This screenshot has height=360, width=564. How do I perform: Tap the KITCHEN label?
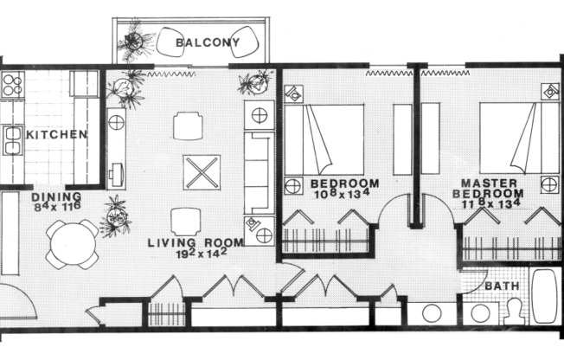click(56, 135)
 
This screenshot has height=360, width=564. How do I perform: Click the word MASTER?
click(489, 183)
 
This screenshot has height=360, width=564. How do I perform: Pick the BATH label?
click(501, 286)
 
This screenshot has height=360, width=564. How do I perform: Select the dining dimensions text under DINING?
click(57, 208)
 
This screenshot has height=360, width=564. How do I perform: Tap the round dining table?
click(72, 243)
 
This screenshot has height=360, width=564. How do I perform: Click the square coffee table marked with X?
click(201, 170)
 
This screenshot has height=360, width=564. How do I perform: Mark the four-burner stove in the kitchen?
click(12, 84)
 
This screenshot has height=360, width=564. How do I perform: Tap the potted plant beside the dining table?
click(114, 215)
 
